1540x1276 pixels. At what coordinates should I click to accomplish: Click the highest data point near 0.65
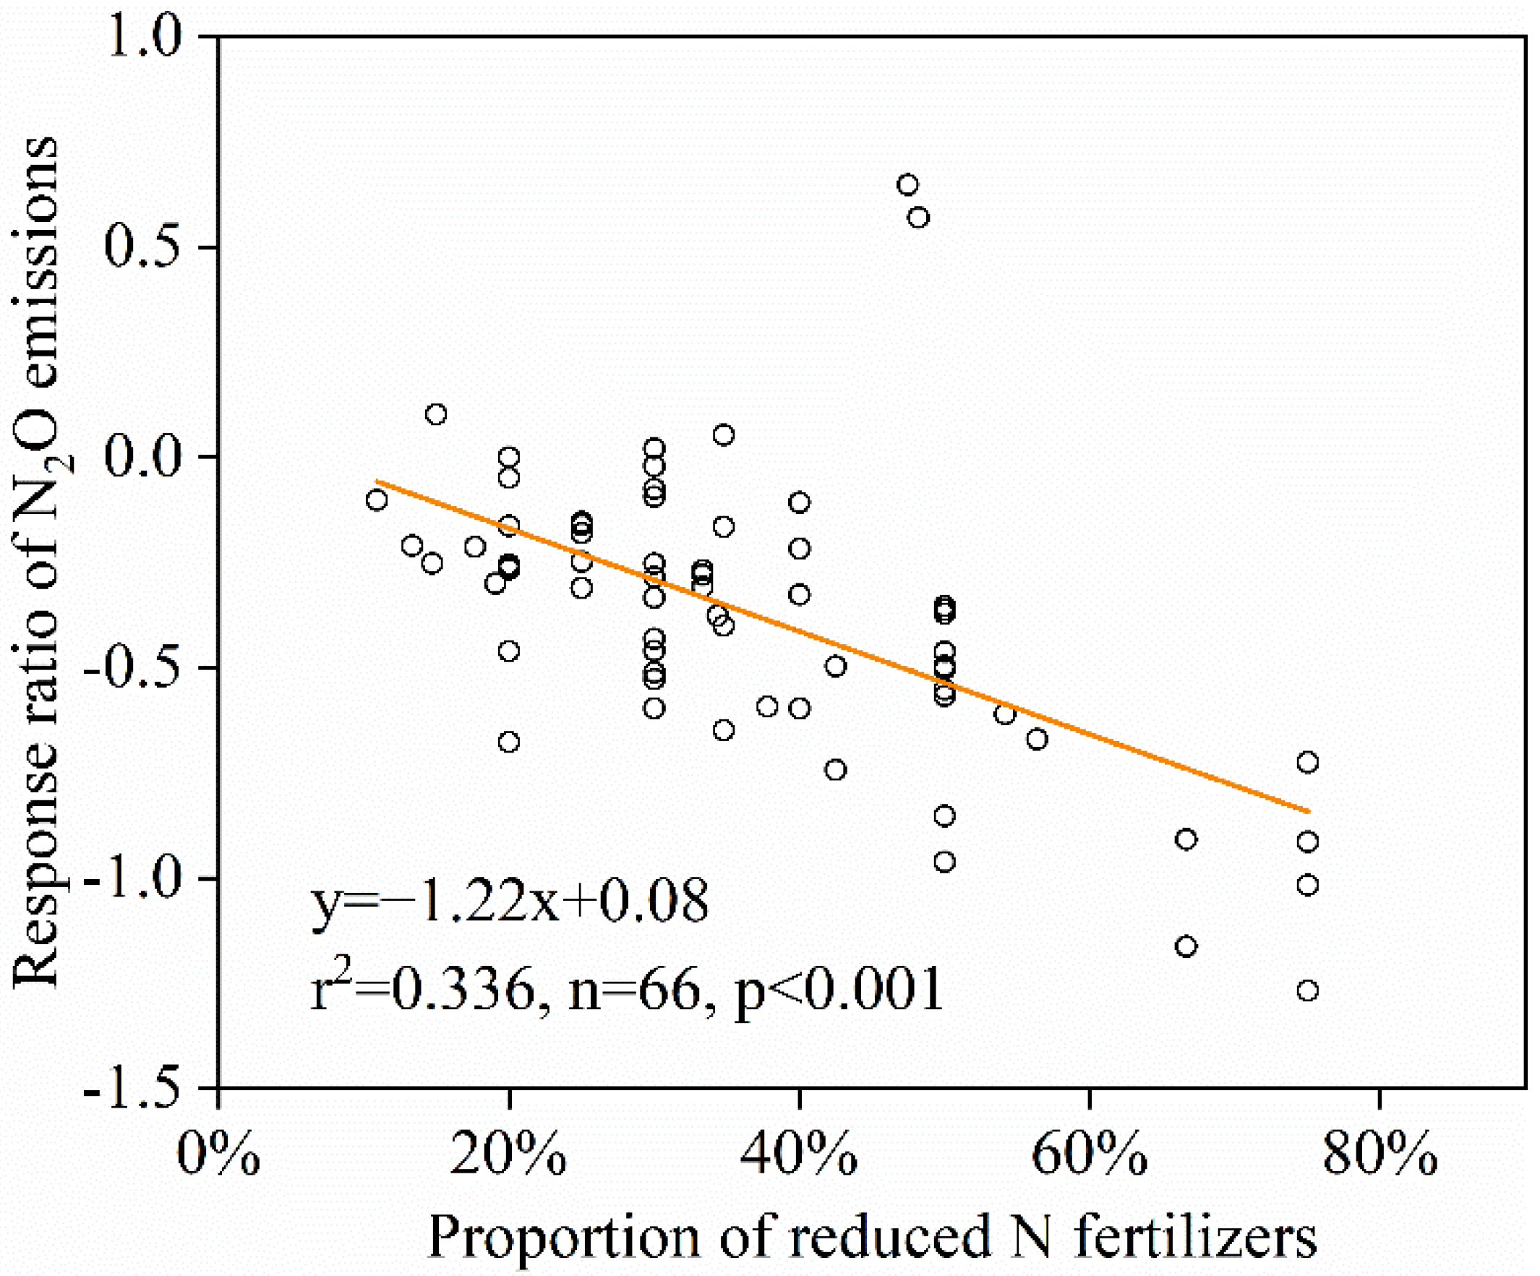[908, 184]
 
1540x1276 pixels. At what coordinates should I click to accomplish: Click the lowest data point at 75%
[1307, 990]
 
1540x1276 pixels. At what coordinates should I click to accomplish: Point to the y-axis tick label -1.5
[132, 1089]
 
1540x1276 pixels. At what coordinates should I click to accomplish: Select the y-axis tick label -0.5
[132, 668]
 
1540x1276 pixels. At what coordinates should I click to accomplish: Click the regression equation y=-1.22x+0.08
[510, 902]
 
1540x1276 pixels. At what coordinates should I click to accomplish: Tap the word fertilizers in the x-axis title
[1196, 1237]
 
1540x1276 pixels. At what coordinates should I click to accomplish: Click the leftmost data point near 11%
[377, 500]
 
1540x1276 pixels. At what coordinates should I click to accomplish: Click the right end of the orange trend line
[1307, 811]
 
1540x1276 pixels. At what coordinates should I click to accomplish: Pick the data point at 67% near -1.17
[1186, 946]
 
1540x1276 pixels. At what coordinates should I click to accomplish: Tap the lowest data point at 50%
[944, 862]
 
